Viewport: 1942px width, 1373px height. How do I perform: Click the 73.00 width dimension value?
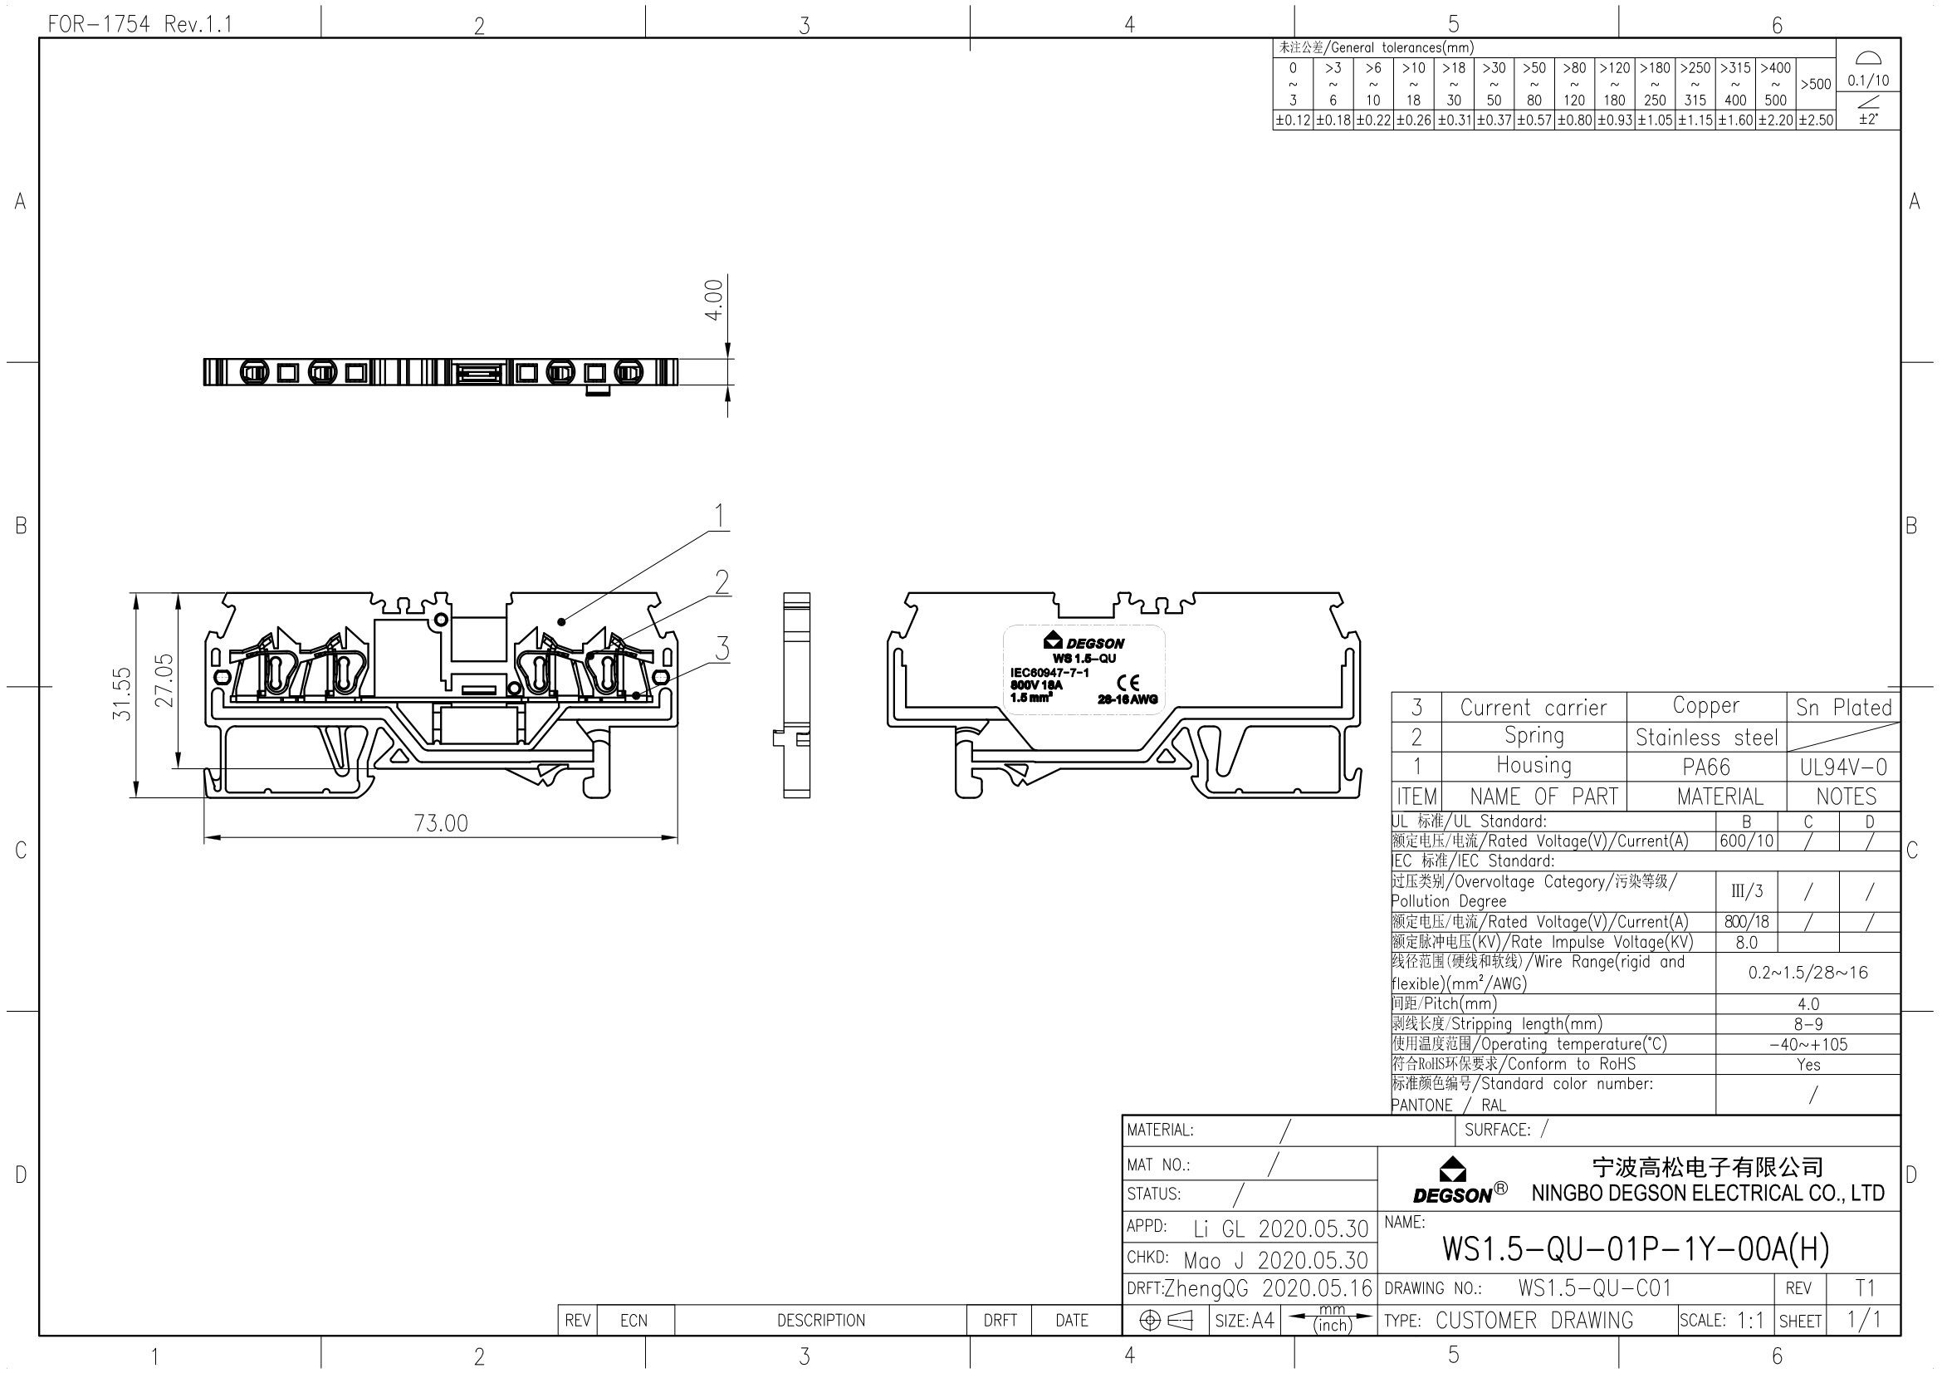click(x=441, y=823)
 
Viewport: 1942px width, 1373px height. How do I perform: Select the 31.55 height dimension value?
click(x=123, y=694)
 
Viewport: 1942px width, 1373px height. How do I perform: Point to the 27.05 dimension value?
click(x=164, y=679)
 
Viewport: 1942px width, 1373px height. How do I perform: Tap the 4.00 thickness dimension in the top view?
click(x=715, y=300)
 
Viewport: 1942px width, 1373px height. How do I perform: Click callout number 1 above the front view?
click(x=719, y=515)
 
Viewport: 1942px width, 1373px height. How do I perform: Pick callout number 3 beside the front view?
click(x=722, y=649)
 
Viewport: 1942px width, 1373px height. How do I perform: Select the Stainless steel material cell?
click(x=1706, y=738)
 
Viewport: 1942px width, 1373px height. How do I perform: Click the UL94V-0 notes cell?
click(x=1843, y=767)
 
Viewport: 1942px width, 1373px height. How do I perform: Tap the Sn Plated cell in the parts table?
click(x=1843, y=707)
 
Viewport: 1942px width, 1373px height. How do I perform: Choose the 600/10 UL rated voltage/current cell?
click(x=1746, y=841)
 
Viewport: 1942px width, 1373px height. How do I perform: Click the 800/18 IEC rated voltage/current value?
click(x=1746, y=922)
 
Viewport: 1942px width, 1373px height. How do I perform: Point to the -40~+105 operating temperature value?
click(x=1807, y=1044)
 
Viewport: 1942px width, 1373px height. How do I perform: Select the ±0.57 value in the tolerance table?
click(x=1534, y=120)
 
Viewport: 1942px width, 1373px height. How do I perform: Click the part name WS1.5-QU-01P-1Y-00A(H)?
click(x=1635, y=1248)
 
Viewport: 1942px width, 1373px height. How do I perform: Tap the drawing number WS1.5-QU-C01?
click(x=1594, y=1288)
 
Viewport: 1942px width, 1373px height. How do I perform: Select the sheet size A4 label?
click(x=1262, y=1320)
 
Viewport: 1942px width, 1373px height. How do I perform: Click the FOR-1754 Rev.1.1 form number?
click(x=139, y=24)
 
